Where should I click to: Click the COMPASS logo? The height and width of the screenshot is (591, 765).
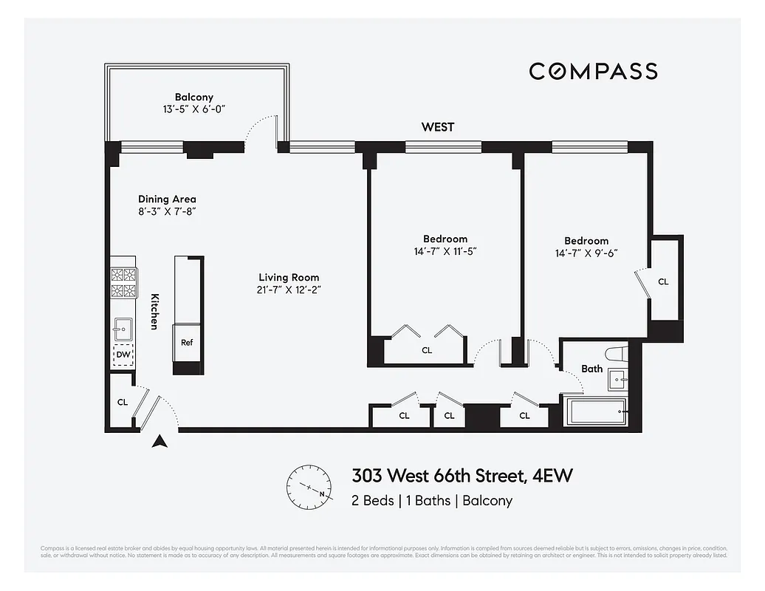coord(593,71)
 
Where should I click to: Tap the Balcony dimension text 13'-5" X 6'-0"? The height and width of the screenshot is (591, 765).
coord(194,109)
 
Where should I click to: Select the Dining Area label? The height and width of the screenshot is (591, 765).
coord(167,199)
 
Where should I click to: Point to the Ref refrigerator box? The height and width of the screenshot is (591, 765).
coord(187,343)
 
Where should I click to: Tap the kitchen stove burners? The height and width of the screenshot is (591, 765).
coord(123,281)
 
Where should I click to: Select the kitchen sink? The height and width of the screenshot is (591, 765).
coord(123,327)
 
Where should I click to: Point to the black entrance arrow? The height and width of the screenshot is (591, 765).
coord(159,442)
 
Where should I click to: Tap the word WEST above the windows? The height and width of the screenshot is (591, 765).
coord(438,127)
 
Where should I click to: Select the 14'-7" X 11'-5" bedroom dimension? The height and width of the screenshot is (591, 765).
coord(445,251)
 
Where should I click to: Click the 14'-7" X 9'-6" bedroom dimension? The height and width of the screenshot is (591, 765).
coord(586,253)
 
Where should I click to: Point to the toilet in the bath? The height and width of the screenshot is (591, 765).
coord(614,353)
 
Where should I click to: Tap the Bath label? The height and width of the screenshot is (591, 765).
coord(591,369)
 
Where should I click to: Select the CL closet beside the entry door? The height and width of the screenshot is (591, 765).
coord(123,403)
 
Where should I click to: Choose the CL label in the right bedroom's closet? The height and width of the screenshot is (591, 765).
coord(663,281)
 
